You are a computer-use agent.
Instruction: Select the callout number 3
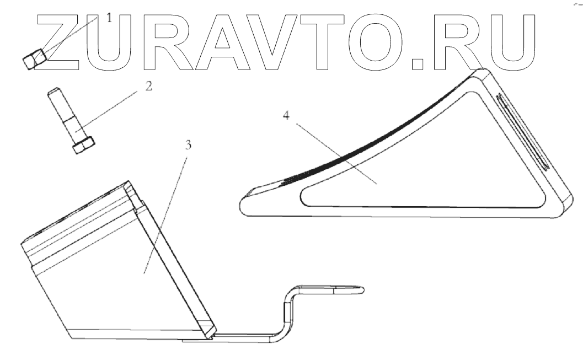point(188,146)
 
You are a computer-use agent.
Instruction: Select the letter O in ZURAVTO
point(376,41)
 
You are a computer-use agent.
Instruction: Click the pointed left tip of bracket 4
point(245,196)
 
